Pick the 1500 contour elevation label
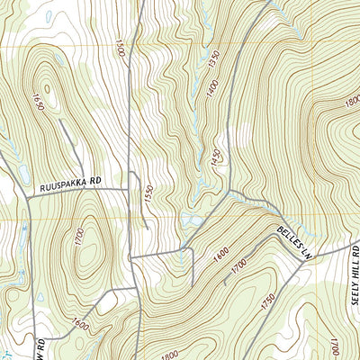click(x=121, y=47)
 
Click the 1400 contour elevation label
click(x=211, y=86)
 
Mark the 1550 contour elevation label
click(x=148, y=194)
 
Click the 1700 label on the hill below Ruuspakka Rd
click(x=80, y=239)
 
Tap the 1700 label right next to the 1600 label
click(x=239, y=266)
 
